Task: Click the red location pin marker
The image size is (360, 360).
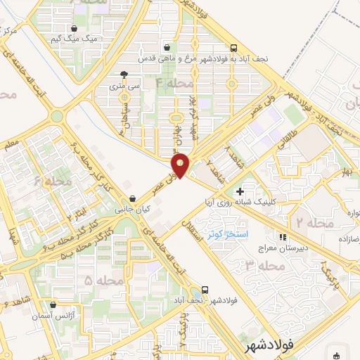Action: (181, 165)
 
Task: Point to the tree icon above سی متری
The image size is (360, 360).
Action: (124, 75)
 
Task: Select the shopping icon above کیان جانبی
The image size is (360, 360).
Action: (133, 199)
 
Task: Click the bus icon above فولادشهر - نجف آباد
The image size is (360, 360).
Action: (205, 288)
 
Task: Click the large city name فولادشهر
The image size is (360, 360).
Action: (269, 348)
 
